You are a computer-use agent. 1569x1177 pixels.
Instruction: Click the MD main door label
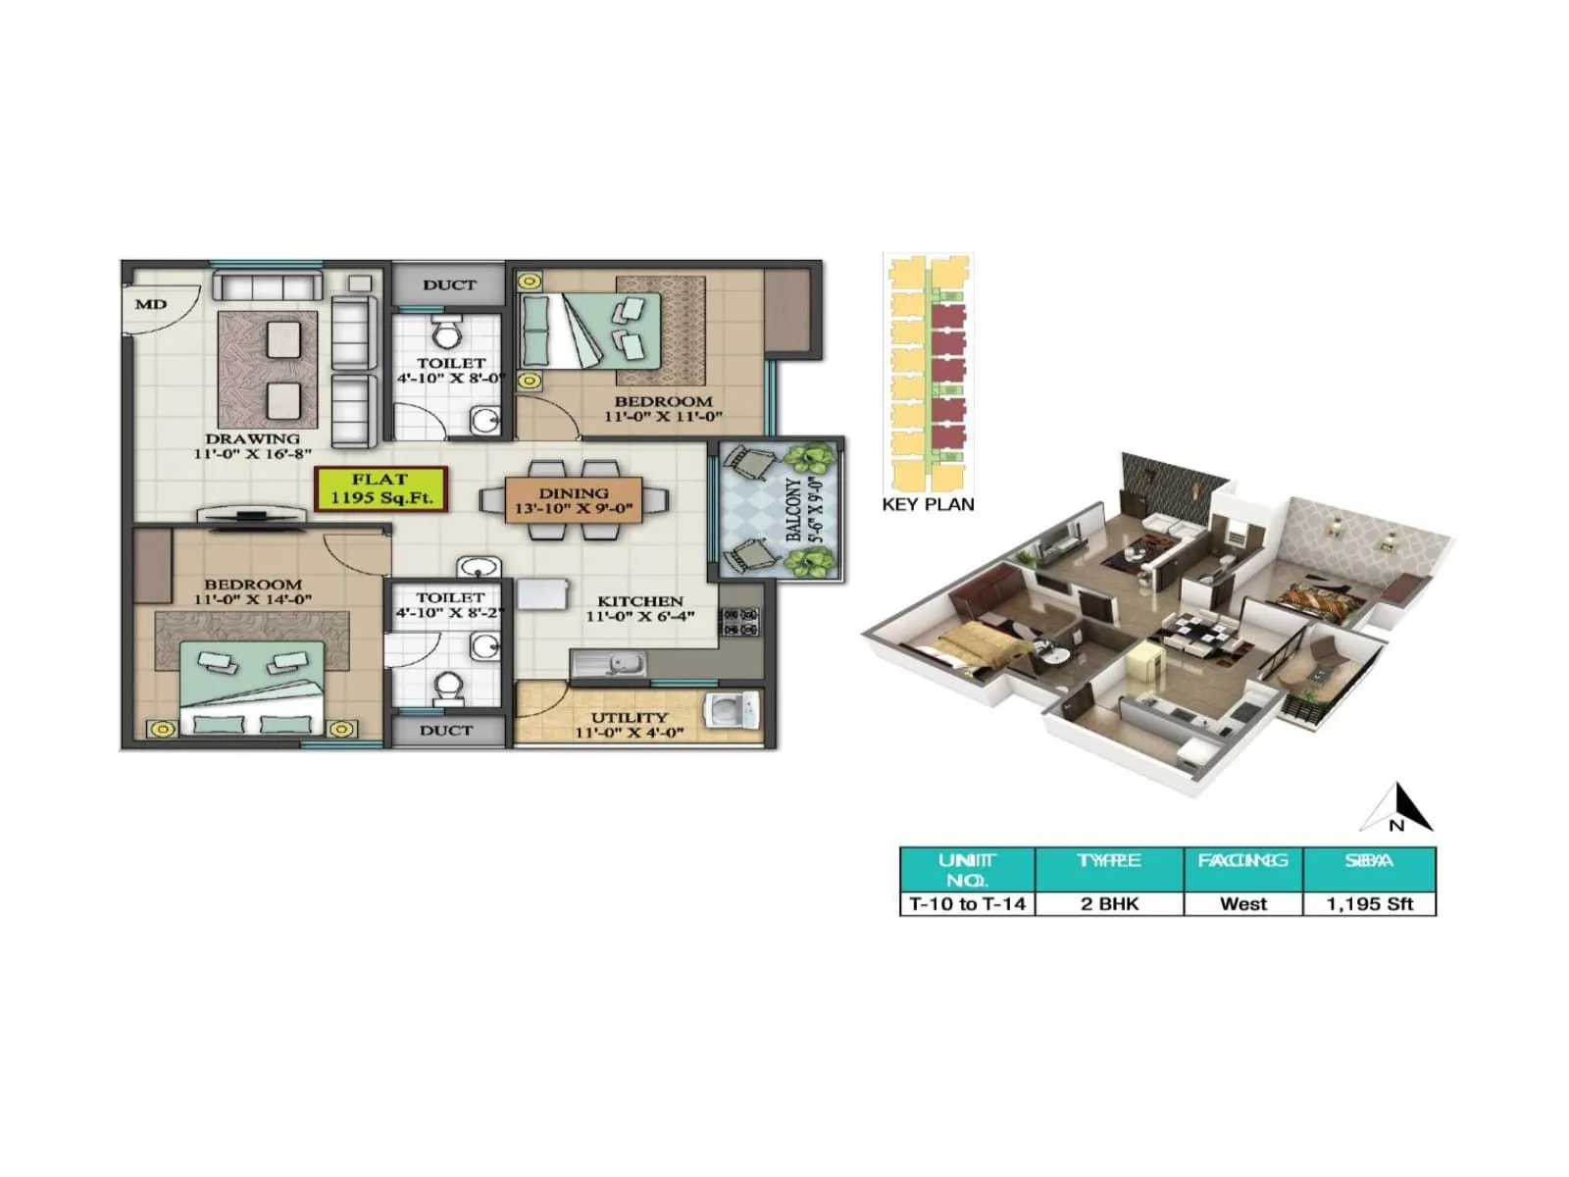[151, 304]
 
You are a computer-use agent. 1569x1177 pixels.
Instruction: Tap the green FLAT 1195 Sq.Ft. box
[380, 488]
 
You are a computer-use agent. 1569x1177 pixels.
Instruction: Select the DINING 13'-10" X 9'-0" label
[574, 501]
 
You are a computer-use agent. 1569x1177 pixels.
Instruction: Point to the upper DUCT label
[449, 284]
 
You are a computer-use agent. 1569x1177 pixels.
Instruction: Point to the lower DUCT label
[446, 730]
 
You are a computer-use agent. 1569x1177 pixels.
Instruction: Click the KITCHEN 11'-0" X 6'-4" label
[639, 608]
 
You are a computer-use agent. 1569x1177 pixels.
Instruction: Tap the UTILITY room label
[629, 725]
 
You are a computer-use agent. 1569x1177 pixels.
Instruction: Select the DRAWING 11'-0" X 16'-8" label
[252, 446]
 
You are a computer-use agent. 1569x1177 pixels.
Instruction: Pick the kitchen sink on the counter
[610, 665]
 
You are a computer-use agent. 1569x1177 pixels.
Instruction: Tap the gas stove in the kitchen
[740, 622]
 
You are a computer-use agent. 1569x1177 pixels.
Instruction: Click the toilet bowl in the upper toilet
[447, 333]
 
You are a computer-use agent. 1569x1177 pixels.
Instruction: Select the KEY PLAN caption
[928, 504]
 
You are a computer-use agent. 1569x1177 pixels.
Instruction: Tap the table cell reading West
[1242, 903]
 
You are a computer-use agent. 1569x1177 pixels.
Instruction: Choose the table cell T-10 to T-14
[967, 903]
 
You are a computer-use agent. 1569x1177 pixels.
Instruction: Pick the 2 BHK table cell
[1109, 903]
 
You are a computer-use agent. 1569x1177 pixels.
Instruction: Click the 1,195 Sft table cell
[1369, 903]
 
